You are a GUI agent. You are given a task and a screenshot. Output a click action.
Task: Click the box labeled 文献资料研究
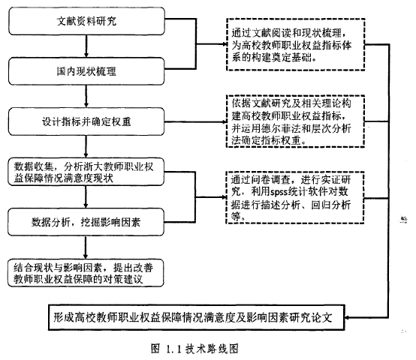pyautogui.click(x=86, y=21)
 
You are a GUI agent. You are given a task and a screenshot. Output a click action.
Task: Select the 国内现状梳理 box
pyautogui.click(x=86, y=71)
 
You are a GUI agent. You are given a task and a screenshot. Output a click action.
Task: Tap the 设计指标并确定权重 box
pyautogui.click(x=86, y=121)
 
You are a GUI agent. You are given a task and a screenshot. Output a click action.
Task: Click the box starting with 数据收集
pyautogui.click(x=86, y=172)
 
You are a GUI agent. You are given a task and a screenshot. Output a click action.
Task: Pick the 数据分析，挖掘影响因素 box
pyautogui.click(x=86, y=222)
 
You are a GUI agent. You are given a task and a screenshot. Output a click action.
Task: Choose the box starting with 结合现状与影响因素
pyautogui.click(x=86, y=273)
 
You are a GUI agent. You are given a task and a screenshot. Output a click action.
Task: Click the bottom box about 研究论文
pyautogui.click(x=197, y=317)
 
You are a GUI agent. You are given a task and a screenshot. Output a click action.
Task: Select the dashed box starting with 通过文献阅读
pyautogui.click(x=296, y=44)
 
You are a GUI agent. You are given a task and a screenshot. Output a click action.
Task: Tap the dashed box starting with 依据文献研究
pyautogui.click(x=296, y=121)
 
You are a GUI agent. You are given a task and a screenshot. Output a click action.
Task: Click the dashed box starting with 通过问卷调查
pyautogui.click(x=295, y=197)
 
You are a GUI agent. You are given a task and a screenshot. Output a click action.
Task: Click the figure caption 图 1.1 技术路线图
pyautogui.click(x=194, y=349)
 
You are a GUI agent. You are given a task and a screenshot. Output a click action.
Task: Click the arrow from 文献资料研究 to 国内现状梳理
pyautogui.click(x=86, y=46)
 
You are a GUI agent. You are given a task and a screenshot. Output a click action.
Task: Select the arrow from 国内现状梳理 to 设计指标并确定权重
pyautogui.click(x=86, y=97)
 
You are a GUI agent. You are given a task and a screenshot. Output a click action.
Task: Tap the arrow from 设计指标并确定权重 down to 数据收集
pyautogui.click(x=86, y=146)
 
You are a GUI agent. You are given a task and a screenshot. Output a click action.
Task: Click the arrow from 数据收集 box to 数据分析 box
pyautogui.click(x=86, y=196)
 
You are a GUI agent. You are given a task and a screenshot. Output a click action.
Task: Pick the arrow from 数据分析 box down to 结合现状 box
pyautogui.click(x=86, y=247)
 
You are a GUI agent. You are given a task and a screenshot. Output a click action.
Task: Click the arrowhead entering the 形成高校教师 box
pyautogui.click(x=347, y=317)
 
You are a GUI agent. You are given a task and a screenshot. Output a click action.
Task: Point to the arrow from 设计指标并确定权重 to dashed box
pyautogui.click(x=195, y=121)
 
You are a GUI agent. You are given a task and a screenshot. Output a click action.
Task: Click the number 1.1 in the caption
pyautogui.click(x=173, y=349)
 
